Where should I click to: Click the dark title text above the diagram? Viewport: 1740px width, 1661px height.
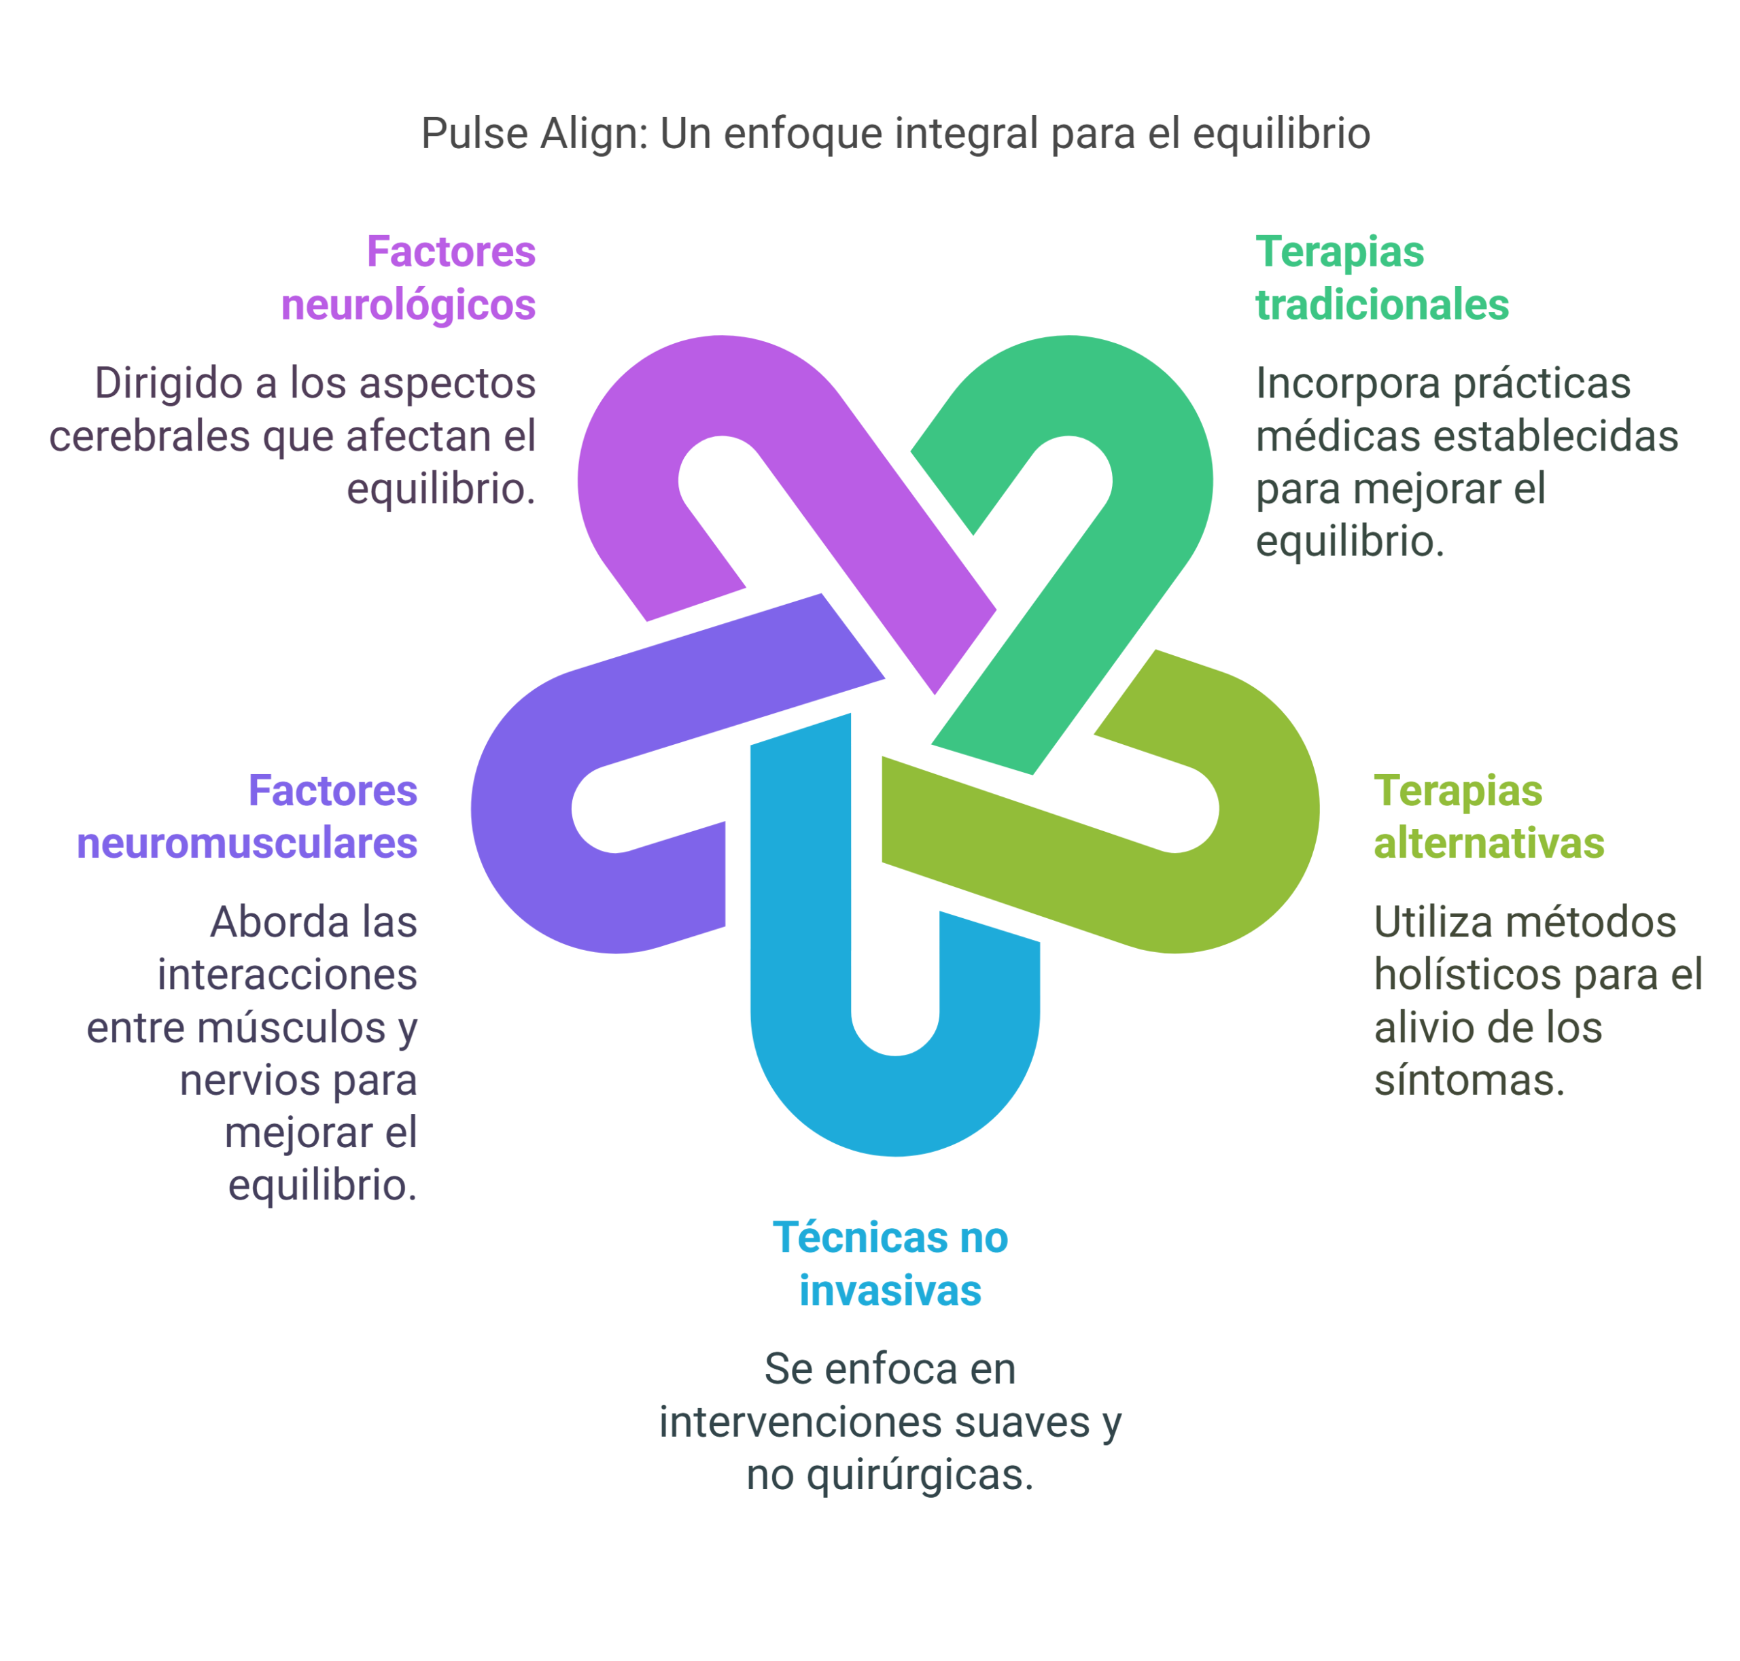point(895,135)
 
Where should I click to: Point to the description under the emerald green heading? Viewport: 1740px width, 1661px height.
point(1461,460)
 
